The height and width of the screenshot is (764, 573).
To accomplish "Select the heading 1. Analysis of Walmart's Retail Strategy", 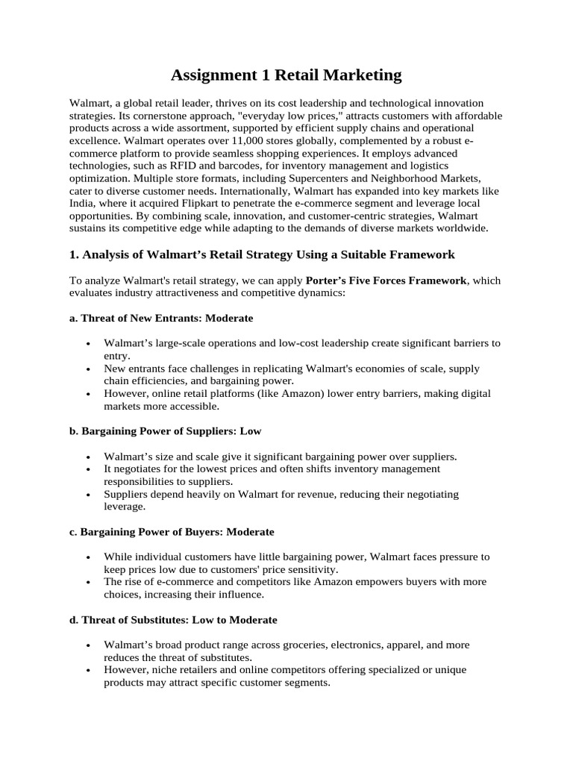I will pyautogui.click(x=261, y=254).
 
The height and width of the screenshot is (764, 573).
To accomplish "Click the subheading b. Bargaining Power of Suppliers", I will pyautogui.click(x=166, y=431).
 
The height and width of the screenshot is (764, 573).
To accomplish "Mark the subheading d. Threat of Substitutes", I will pyautogui.click(x=173, y=620).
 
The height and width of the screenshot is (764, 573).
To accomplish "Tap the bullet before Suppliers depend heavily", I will pyautogui.click(x=89, y=495).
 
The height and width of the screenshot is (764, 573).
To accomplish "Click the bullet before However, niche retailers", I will pyautogui.click(x=89, y=671).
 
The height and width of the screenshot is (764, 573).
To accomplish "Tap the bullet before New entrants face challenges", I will pyautogui.click(x=89, y=369).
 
